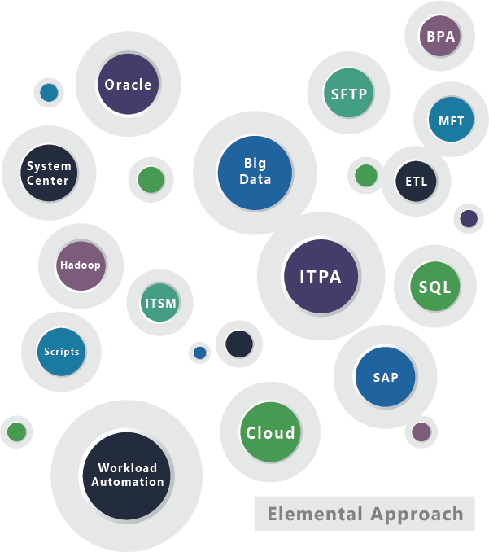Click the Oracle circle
(x=128, y=85)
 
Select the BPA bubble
(x=440, y=36)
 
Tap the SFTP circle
(x=349, y=94)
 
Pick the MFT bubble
(x=451, y=120)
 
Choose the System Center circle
(x=48, y=173)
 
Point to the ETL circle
(x=415, y=181)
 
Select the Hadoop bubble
(x=81, y=265)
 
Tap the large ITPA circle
(x=320, y=276)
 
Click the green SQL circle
(x=434, y=287)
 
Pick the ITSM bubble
(x=159, y=303)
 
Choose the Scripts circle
(x=62, y=352)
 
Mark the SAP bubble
(x=385, y=377)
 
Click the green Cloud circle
(x=270, y=432)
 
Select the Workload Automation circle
(x=127, y=475)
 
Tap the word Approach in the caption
(x=416, y=515)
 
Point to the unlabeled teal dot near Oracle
(x=49, y=93)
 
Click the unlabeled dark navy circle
(x=239, y=344)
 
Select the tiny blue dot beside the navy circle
(x=199, y=353)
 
